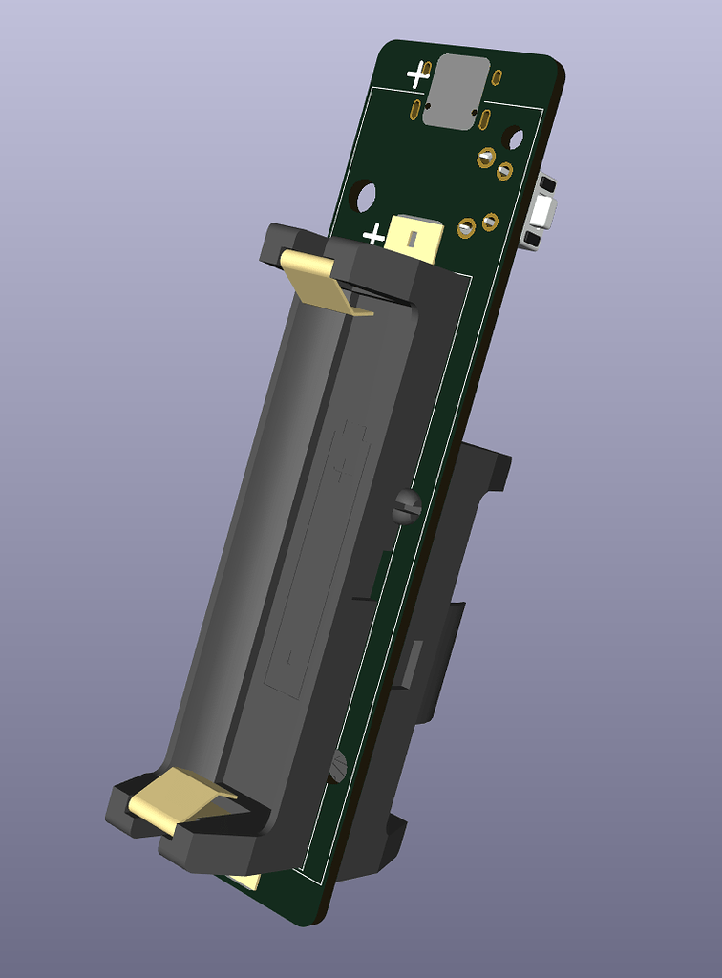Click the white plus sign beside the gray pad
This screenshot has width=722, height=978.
coord(417,74)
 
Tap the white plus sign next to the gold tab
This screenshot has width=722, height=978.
coord(373,234)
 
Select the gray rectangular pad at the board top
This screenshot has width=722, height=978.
coord(456,92)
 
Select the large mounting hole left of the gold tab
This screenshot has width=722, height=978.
coord(363,196)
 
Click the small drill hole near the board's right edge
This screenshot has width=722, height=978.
coord(513,139)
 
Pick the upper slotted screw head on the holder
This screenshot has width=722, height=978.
coord(407,505)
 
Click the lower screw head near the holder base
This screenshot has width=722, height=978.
coord(337,764)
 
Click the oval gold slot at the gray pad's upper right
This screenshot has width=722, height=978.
coord(497,78)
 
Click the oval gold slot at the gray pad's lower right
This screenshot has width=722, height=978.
coord(485,120)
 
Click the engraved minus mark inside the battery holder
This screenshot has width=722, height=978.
coord(287,659)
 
